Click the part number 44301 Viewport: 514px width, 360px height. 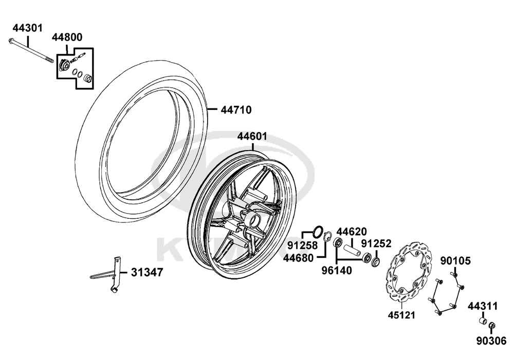point(28,28)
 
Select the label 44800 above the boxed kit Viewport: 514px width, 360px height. point(67,37)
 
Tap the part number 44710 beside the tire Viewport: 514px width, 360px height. point(236,110)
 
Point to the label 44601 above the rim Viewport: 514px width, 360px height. point(252,136)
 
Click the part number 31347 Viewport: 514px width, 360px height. point(147,272)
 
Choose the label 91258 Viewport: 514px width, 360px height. point(303,245)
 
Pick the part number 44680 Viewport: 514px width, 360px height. point(298,258)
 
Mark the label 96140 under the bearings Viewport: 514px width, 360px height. point(336,270)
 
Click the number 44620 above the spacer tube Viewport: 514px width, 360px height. point(352,232)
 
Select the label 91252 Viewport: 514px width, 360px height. point(376,244)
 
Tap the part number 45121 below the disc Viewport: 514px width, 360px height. point(401,315)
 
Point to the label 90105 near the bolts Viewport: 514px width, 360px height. point(455,261)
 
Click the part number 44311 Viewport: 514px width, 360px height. point(483,306)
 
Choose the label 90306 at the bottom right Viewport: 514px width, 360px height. point(491,341)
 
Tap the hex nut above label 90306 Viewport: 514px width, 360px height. point(492,326)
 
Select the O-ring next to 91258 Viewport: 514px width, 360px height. point(318,231)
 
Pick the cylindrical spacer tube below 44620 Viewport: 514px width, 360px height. point(352,250)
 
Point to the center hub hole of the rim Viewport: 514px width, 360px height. point(254,219)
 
